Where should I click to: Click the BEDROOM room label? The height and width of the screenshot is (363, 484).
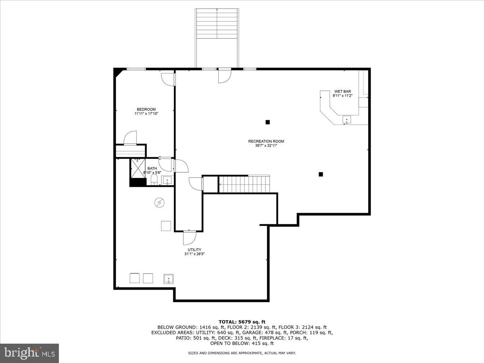146,109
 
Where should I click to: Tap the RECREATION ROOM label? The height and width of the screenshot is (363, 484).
266,141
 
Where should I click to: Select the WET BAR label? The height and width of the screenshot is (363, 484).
342,92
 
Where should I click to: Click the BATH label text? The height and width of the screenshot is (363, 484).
152,168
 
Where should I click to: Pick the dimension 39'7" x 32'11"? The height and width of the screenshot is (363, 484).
266,146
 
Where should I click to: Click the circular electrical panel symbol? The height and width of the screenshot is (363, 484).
159,202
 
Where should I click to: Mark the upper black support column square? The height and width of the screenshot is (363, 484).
267,122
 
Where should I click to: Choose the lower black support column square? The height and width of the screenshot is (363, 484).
321,174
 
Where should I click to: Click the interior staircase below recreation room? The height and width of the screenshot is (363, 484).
244,184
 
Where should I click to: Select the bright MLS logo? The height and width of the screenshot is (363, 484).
29,353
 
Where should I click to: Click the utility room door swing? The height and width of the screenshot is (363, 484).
189,238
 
